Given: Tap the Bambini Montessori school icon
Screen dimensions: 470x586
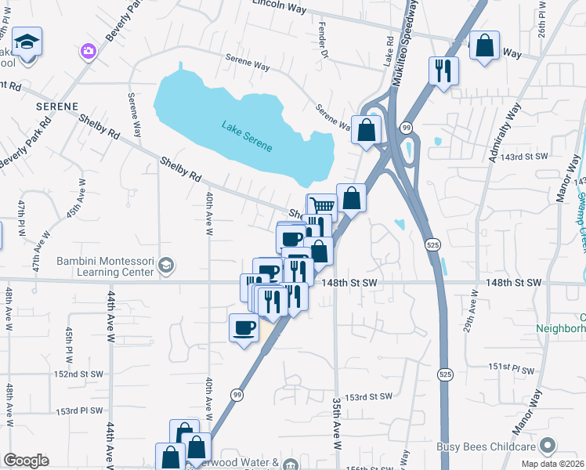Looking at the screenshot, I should click(165, 266).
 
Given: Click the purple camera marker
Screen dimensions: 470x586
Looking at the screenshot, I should click(88, 51).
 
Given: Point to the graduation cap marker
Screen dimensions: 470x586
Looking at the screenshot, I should click(27, 42).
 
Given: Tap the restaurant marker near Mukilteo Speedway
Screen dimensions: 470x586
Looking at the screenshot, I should click(443, 71).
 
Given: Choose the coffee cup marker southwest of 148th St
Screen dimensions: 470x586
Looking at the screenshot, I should click(244, 327).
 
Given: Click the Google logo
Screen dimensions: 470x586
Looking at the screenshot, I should click(26, 461).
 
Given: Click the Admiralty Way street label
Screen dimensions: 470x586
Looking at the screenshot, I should click(504, 134).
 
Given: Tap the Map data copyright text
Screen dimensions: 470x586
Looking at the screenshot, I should click(553, 461).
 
